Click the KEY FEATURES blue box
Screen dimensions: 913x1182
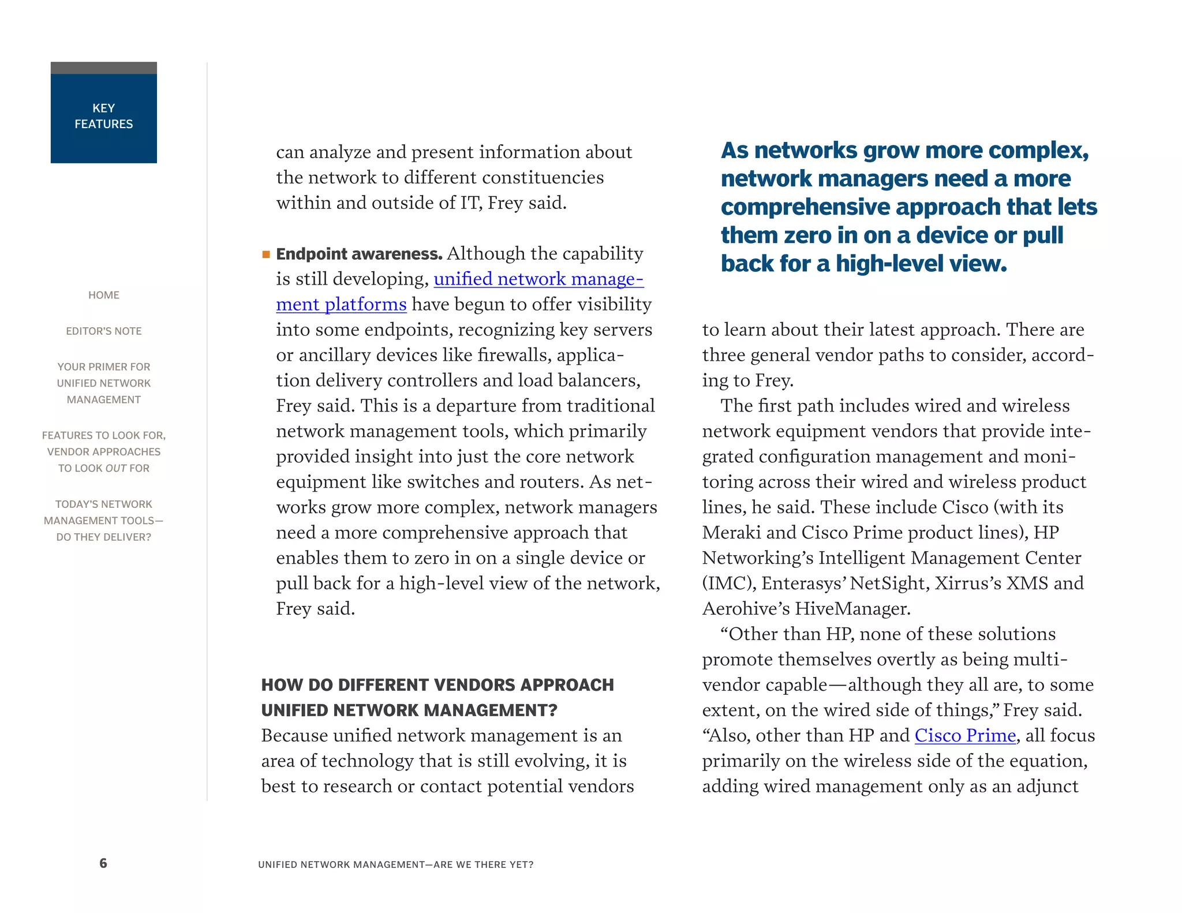(x=104, y=116)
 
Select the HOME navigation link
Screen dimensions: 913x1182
(x=104, y=295)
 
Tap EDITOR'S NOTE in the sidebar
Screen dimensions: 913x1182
(x=104, y=331)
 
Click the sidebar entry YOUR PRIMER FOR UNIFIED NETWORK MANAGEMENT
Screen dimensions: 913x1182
(x=104, y=383)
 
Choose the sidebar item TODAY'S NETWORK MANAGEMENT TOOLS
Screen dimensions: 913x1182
(x=104, y=521)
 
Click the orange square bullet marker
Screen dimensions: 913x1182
(x=266, y=255)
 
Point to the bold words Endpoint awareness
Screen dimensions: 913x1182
(x=359, y=254)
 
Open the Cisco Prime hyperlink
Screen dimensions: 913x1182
(x=965, y=735)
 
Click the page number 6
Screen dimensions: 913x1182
(x=103, y=863)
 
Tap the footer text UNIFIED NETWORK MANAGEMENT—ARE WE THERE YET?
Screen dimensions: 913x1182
(x=395, y=865)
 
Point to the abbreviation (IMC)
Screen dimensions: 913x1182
(x=729, y=583)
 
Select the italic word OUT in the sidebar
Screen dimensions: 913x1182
(x=116, y=468)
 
